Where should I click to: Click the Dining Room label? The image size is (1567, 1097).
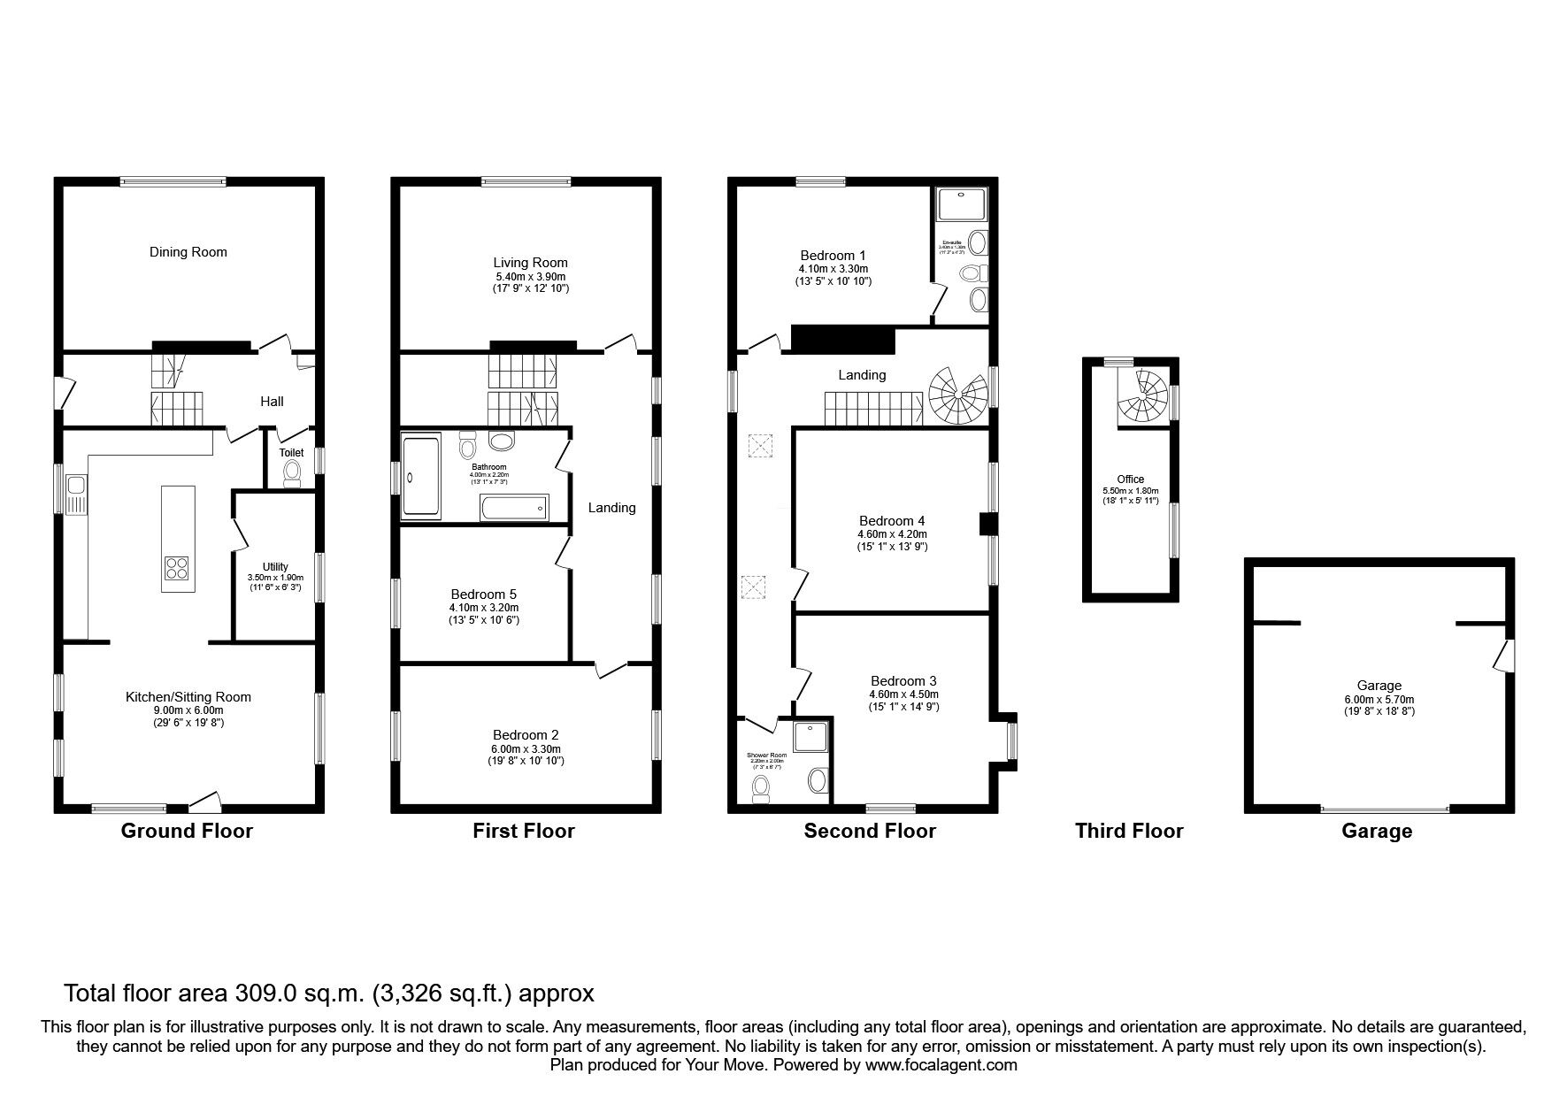(x=188, y=252)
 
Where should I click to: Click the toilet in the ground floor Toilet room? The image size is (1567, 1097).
(x=291, y=476)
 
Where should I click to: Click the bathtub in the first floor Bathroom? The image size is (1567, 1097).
(x=513, y=508)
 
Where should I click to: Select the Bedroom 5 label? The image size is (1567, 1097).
(x=483, y=595)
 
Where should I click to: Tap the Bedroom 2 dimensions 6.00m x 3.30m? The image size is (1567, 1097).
(x=526, y=748)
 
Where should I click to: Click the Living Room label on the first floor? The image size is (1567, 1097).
(x=530, y=263)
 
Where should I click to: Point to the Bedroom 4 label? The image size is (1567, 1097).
(x=892, y=521)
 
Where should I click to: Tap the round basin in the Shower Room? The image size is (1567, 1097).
(x=818, y=780)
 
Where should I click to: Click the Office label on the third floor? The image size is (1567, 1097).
(x=1130, y=479)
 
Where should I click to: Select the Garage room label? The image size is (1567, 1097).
(x=1379, y=686)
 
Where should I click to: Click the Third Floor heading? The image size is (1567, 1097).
(x=1128, y=831)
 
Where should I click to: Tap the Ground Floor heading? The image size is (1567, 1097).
(x=187, y=831)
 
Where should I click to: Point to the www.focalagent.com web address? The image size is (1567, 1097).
(x=941, y=1065)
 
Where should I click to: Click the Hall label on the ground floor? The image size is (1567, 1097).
(x=272, y=402)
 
